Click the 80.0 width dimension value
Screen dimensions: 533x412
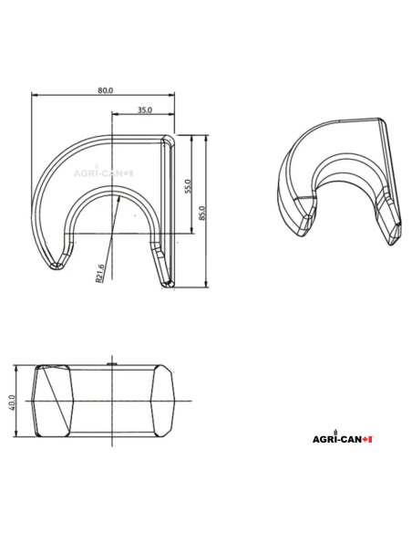point(105,89)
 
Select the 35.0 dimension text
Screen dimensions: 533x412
point(144,110)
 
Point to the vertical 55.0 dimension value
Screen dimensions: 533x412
point(188,186)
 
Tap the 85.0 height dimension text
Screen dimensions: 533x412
point(203,213)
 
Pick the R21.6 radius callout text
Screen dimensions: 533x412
point(100,272)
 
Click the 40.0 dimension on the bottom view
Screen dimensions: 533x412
point(12,402)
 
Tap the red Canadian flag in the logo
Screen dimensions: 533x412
point(367,440)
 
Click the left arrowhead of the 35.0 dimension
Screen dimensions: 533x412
point(114,115)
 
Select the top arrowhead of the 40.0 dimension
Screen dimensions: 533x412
point(18,367)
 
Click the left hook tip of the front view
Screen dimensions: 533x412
point(56,266)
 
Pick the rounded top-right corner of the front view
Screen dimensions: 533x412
point(168,139)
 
